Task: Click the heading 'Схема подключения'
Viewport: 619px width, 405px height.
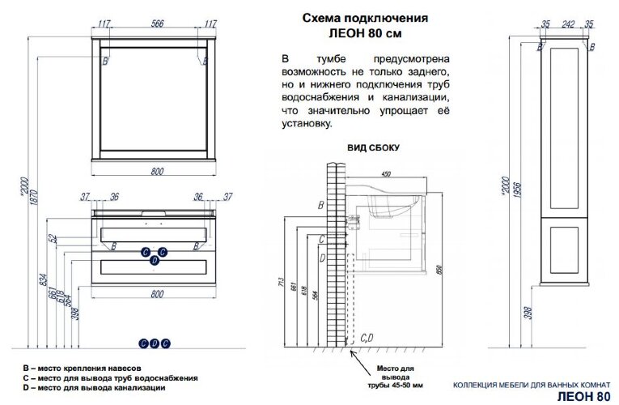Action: pyautogui.click(x=365, y=17)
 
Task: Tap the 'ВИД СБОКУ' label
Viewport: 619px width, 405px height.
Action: pyautogui.click(x=372, y=148)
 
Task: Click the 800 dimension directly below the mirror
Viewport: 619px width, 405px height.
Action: pyautogui.click(x=156, y=171)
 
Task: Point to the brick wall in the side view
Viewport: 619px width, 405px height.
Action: pyautogui.click(x=329, y=259)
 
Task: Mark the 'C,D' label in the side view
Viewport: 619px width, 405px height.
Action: pyautogui.click(x=365, y=337)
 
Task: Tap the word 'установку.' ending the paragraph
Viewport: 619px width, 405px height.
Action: pyautogui.click(x=307, y=124)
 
